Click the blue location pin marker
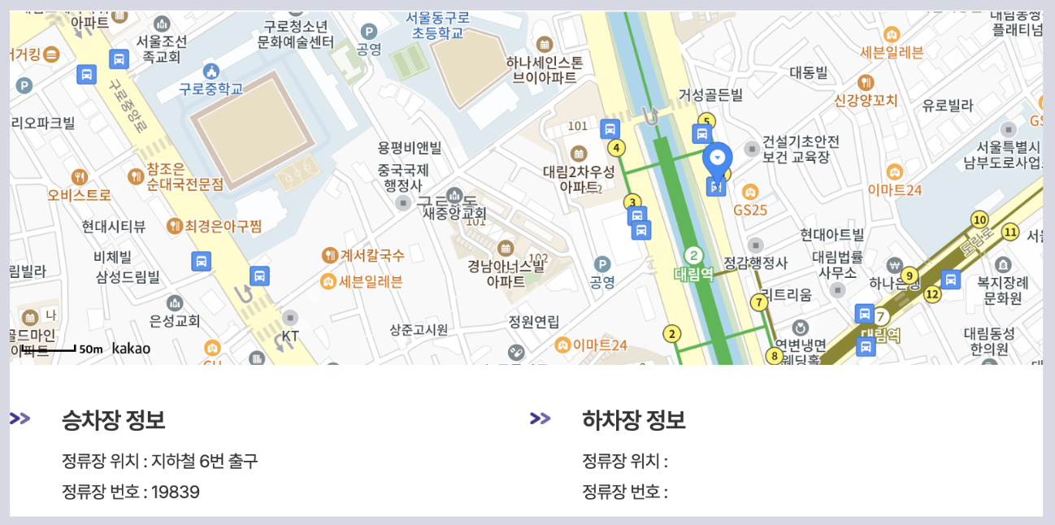(x=717, y=159)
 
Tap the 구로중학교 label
(x=212, y=89)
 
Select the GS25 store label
(x=750, y=210)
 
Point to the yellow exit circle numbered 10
(x=979, y=219)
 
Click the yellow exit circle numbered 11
(x=1010, y=232)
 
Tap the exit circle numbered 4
(x=618, y=148)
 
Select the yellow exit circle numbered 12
(x=932, y=294)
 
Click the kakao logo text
(x=131, y=349)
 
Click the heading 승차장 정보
(x=114, y=420)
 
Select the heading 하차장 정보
(x=634, y=420)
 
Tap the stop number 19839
(x=176, y=492)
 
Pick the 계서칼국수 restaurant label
(x=371, y=255)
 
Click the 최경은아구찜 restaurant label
(x=223, y=226)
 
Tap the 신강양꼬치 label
(x=866, y=101)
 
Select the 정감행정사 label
(x=756, y=262)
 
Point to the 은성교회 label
(x=175, y=321)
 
